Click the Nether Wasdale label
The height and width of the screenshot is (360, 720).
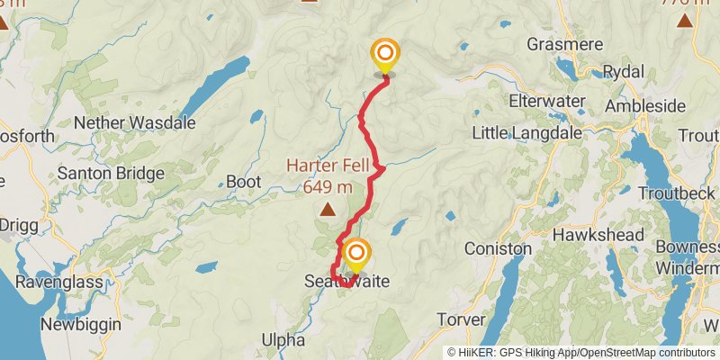click(x=134, y=122)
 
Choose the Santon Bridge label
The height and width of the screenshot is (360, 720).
click(x=111, y=173)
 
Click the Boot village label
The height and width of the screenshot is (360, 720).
click(x=243, y=181)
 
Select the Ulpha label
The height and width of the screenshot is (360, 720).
click(x=279, y=340)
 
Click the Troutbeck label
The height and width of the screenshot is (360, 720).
click(x=675, y=193)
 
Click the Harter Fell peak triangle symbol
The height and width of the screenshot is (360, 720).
click(x=328, y=211)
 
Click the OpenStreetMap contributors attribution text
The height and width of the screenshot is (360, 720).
click(x=644, y=352)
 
